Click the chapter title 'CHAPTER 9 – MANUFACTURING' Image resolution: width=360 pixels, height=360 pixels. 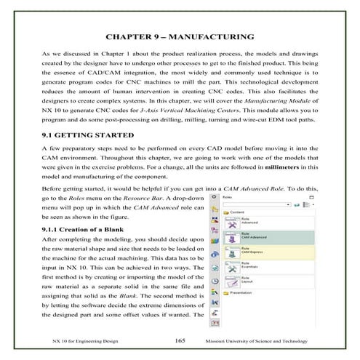tap(180, 36)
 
